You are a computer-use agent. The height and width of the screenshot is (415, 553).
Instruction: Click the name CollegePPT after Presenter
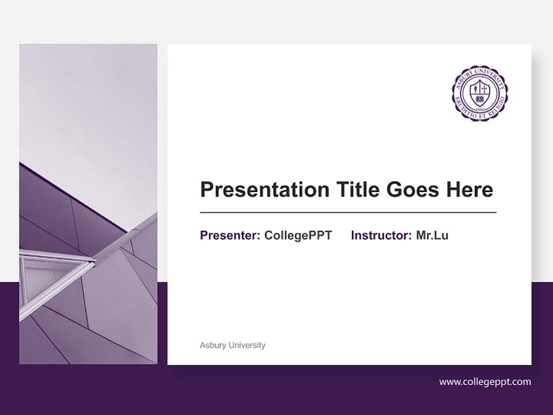tap(298, 235)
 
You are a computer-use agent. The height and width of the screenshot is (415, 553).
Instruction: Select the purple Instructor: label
tap(381, 235)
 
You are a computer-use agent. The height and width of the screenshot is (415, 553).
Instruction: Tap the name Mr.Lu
tap(432, 235)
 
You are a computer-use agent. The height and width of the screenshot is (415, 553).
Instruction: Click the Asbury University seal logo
tap(479, 92)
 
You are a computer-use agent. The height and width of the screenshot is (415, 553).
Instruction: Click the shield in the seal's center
tap(479, 90)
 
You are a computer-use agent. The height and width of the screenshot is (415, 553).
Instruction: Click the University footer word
tap(247, 345)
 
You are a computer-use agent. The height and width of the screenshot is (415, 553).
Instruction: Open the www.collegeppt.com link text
tap(485, 382)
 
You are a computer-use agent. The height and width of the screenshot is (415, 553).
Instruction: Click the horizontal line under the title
tap(348, 213)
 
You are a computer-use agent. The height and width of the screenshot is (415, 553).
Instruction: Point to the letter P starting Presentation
tap(206, 189)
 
